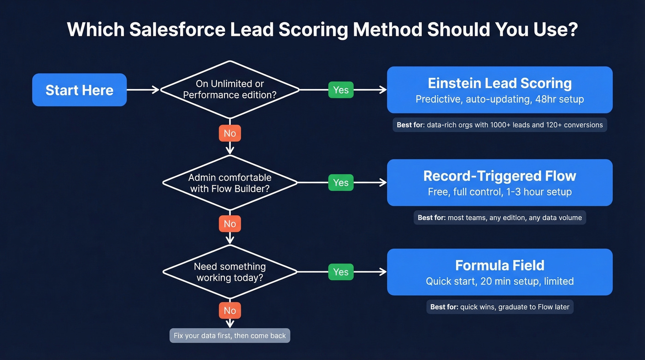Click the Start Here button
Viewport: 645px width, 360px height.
tap(79, 90)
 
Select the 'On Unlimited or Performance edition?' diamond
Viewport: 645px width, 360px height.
tap(229, 89)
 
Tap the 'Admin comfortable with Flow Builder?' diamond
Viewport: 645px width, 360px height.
tap(229, 183)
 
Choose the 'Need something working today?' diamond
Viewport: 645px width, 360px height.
tap(229, 272)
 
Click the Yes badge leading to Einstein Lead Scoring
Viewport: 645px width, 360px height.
tap(340, 90)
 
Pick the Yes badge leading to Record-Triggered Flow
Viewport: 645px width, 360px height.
tap(340, 183)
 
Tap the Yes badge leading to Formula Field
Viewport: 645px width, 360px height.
tap(340, 272)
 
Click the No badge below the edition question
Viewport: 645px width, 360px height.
tap(229, 133)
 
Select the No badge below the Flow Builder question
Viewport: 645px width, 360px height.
tap(229, 224)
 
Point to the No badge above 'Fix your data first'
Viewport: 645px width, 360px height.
tap(229, 311)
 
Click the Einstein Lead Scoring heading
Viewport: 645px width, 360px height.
tap(499, 83)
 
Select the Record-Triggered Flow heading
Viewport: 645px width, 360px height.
tap(499, 176)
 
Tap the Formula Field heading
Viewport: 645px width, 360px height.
tap(499, 265)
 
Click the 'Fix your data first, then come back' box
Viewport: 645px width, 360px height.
tap(229, 336)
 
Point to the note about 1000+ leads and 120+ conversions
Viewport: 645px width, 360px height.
tap(499, 125)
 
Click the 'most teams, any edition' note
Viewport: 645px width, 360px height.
tap(499, 218)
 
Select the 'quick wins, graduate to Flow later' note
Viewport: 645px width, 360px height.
tap(499, 307)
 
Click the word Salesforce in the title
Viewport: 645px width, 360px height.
tap(177, 30)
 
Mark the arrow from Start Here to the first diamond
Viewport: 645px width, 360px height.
tap(143, 90)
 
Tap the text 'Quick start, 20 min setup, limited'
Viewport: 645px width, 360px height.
tap(499, 281)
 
